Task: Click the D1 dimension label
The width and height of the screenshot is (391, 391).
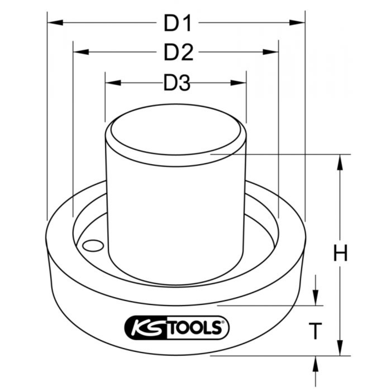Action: pyautogui.click(x=178, y=24)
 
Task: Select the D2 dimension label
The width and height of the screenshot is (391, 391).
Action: pyautogui.click(x=178, y=53)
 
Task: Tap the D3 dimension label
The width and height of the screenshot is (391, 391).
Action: pyautogui.click(x=176, y=83)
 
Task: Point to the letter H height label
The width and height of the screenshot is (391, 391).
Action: pyautogui.click(x=340, y=254)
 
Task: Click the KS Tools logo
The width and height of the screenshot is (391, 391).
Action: pyautogui.click(x=176, y=328)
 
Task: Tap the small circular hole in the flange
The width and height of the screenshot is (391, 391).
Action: pyautogui.click(x=92, y=246)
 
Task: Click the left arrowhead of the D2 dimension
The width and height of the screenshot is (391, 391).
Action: pyautogui.click(x=81, y=52)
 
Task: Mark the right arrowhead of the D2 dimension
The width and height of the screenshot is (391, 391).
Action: pyautogui.click(x=271, y=52)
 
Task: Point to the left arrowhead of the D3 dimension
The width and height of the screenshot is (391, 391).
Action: pyautogui.click(x=112, y=83)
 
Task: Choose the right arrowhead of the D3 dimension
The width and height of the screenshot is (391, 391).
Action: pyautogui.click(x=239, y=83)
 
